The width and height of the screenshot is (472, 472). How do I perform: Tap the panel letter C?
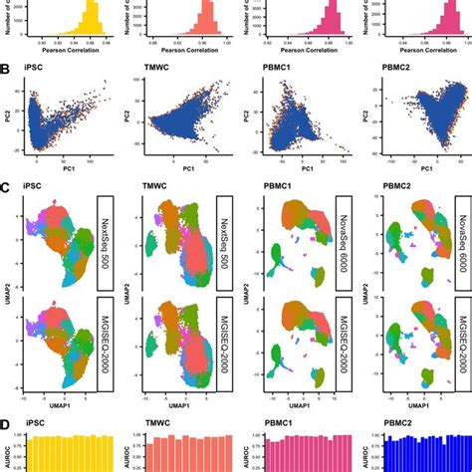[7, 186]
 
